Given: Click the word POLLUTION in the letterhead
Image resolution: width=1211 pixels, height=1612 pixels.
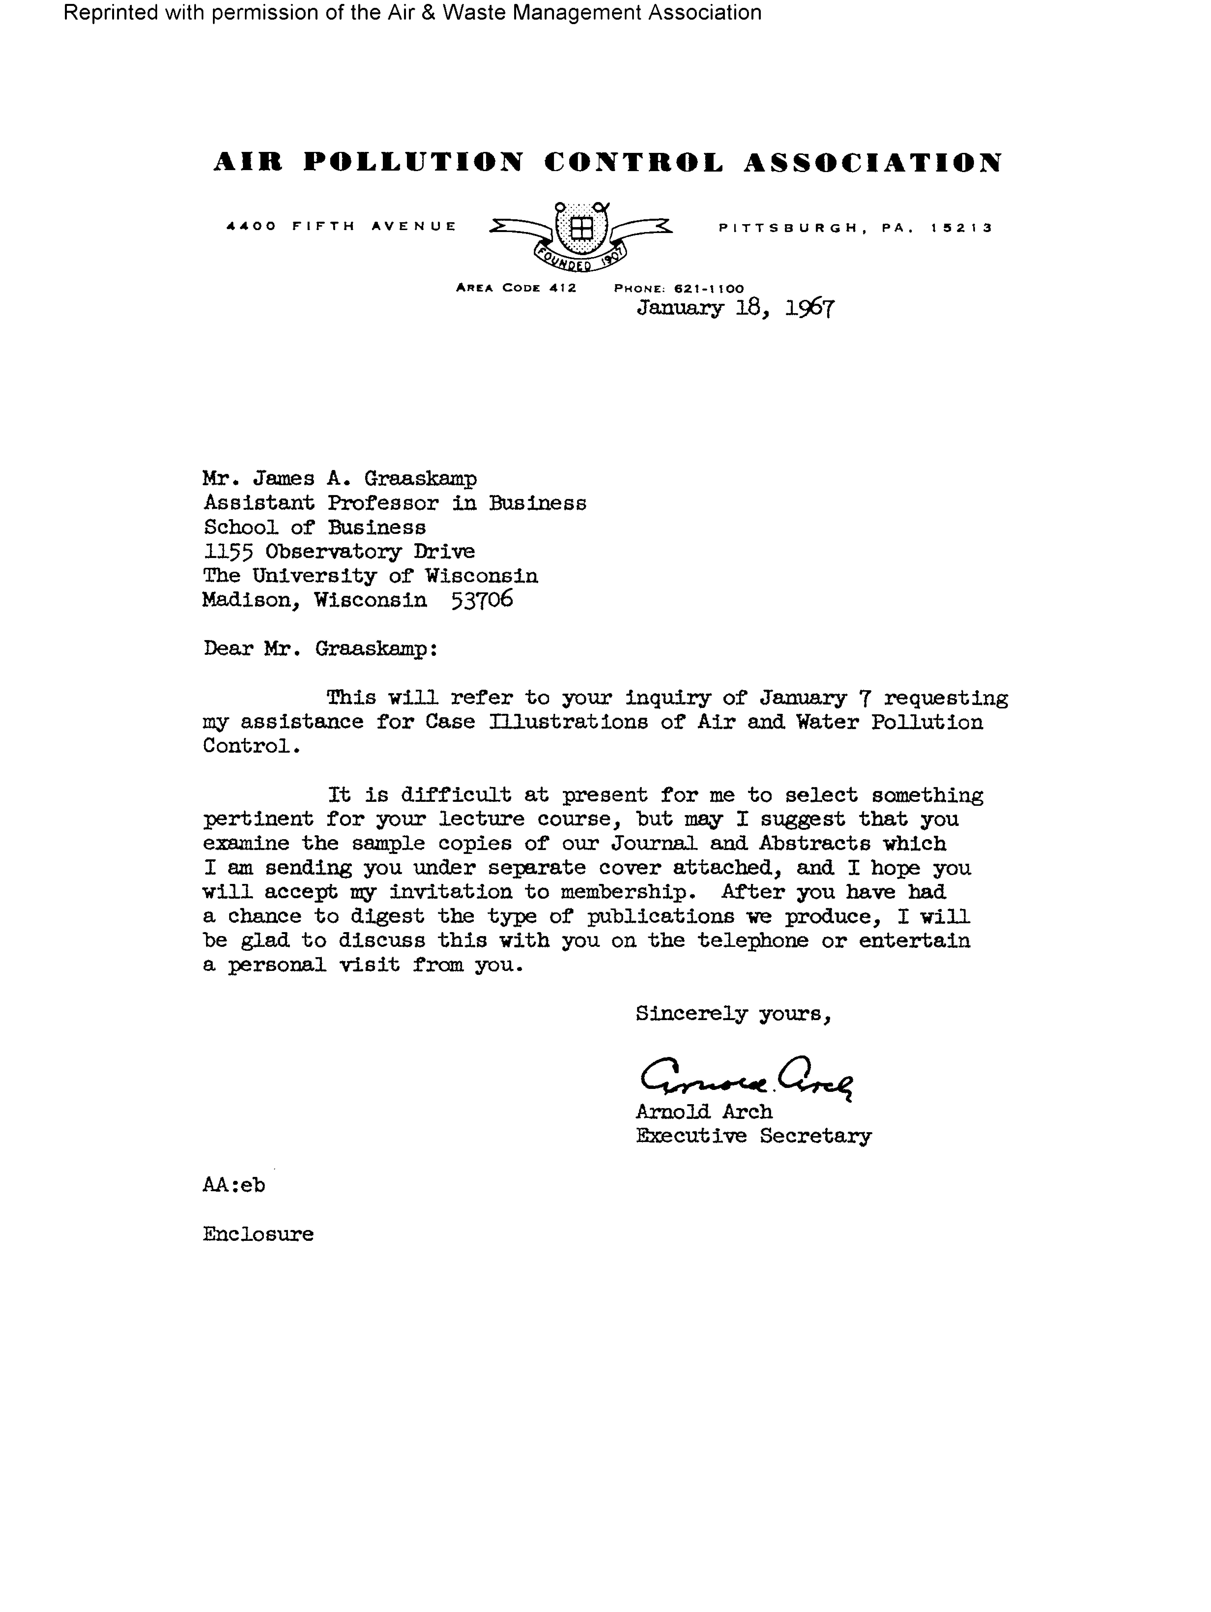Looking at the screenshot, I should point(413,162).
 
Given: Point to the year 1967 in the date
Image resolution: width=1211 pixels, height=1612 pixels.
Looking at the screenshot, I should point(809,308).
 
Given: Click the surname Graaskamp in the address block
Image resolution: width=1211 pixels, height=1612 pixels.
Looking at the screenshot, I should point(421,479).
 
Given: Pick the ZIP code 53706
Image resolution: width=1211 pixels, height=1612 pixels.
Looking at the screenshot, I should point(482,600).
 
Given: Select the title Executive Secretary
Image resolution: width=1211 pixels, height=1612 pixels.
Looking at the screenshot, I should point(753,1136).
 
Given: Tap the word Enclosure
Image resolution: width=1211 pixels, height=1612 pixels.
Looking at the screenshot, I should point(258,1234).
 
